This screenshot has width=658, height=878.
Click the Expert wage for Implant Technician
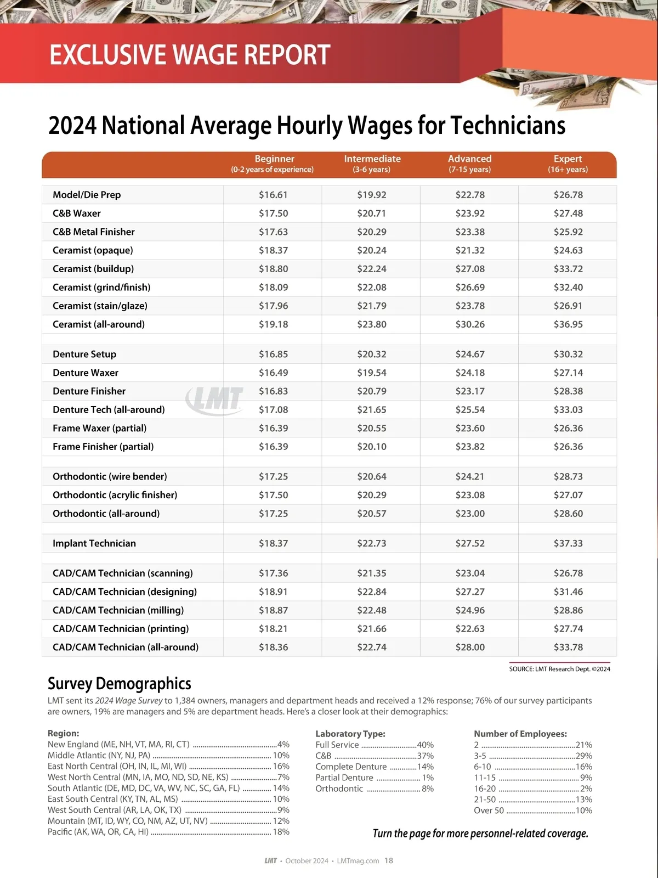[x=568, y=543]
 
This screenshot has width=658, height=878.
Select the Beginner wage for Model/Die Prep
[x=273, y=195]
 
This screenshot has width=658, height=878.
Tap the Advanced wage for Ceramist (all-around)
[x=470, y=324]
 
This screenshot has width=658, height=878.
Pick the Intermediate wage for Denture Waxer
[x=372, y=373]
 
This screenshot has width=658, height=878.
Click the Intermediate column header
[x=372, y=164]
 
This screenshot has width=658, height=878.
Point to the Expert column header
[x=568, y=164]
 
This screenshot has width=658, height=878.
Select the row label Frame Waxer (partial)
[x=99, y=428]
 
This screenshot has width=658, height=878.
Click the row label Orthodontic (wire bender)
[x=110, y=476]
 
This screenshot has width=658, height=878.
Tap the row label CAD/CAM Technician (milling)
[x=118, y=610]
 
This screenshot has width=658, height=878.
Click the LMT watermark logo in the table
[x=215, y=398]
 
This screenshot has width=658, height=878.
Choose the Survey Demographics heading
[x=120, y=684]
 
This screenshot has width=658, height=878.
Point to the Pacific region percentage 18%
[x=281, y=832]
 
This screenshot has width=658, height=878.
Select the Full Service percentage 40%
[x=426, y=745]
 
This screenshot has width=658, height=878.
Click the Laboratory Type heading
[x=350, y=734]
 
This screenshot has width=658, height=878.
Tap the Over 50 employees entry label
[x=489, y=811]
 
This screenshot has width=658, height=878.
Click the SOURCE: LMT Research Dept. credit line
[x=559, y=669]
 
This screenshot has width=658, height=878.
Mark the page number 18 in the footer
[x=389, y=860]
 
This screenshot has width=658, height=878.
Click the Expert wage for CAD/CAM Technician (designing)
[x=568, y=592]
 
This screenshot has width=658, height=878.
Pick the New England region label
[x=118, y=745]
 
